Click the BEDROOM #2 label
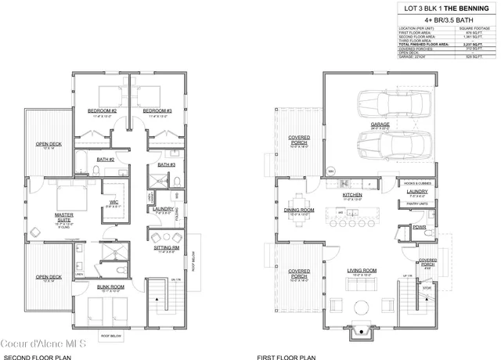click(103, 111)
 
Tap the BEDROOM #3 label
click(157, 111)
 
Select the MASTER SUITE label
click(42, 216)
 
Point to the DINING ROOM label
click(300, 211)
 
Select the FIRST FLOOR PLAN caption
click(281, 356)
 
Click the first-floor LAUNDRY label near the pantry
click(416, 191)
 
